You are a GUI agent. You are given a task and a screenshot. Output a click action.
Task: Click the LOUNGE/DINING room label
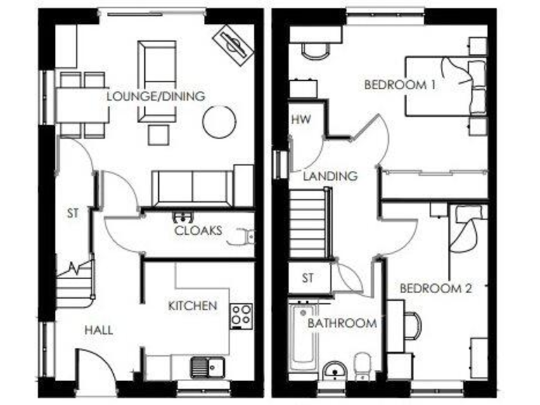155,96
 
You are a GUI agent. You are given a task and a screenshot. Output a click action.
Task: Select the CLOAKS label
198,230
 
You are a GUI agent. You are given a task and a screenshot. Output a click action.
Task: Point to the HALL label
98,330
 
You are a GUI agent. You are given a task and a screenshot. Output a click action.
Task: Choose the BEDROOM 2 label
435,288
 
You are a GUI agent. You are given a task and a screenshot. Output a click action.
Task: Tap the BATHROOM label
342,323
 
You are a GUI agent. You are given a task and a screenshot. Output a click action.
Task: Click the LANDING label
330,176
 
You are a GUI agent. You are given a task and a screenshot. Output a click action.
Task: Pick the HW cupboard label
300,119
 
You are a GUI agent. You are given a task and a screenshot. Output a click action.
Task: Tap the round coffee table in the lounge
219,121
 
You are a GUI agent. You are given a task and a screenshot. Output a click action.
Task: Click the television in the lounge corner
233,44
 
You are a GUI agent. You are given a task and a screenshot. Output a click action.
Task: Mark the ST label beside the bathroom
308,278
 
